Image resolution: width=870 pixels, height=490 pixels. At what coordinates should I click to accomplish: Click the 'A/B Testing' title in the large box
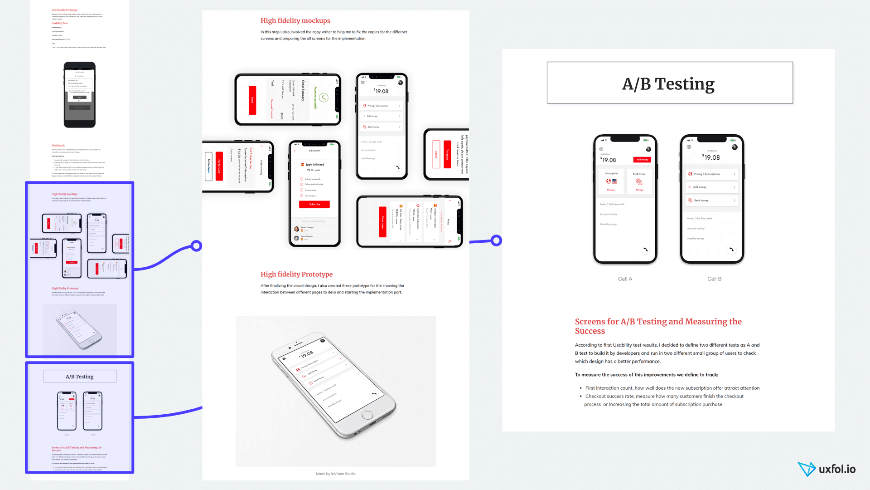pos(668,84)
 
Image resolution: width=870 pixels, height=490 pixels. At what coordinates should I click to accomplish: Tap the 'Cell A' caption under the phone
pos(625,279)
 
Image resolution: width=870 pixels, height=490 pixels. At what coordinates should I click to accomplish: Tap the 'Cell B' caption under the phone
pos(714,279)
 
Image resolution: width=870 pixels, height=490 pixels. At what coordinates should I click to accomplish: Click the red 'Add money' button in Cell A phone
pos(642,160)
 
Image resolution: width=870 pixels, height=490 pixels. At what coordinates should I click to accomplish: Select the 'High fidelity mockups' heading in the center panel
pos(295,21)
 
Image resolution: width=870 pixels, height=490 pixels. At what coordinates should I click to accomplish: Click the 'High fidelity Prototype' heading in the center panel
pos(296,274)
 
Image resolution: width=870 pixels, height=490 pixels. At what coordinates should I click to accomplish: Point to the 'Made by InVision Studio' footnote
pos(335,474)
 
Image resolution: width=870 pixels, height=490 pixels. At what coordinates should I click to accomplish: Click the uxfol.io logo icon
pos(807,469)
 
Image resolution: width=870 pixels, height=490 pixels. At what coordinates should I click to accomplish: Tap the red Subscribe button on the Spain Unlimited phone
pos(314,205)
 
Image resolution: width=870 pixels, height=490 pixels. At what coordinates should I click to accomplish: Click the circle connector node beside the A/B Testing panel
pos(496,240)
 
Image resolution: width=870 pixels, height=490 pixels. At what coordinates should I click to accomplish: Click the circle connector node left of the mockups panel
pos(196,246)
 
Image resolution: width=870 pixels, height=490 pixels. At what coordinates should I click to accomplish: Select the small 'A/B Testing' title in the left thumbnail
pos(80,377)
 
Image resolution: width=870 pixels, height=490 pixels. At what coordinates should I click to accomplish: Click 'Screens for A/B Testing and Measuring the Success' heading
pos(658,326)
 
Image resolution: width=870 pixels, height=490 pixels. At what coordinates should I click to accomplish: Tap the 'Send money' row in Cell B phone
pos(711,200)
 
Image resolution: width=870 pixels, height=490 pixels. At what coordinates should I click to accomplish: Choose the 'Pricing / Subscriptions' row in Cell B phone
pos(711,174)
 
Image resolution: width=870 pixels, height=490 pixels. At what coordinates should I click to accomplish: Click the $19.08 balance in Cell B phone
pos(711,157)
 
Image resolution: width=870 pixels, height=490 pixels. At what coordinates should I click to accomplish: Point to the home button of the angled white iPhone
pos(367,415)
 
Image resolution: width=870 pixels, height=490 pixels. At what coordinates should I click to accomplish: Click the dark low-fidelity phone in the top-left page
pos(80,95)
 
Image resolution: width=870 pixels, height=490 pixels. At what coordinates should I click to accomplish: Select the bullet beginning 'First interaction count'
pos(672,388)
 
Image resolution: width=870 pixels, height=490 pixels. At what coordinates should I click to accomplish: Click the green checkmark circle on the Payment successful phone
pos(323,98)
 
